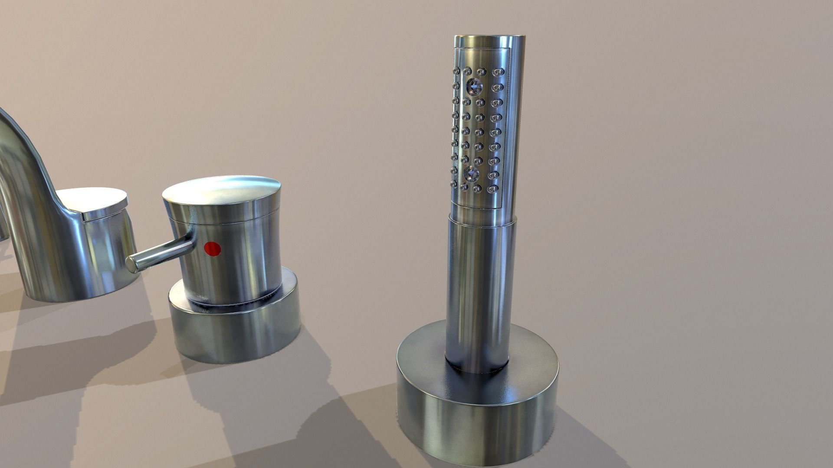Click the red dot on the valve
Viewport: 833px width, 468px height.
pyautogui.click(x=213, y=248)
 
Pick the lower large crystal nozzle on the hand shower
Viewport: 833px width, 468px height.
pyautogui.click(x=471, y=174)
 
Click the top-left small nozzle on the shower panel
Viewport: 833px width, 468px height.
pyautogui.click(x=456, y=70)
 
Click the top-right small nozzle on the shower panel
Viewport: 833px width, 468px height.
pyautogui.click(x=497, y=71)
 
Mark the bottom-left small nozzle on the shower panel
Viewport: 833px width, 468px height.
pyautogui.click(x=454, y=185)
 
